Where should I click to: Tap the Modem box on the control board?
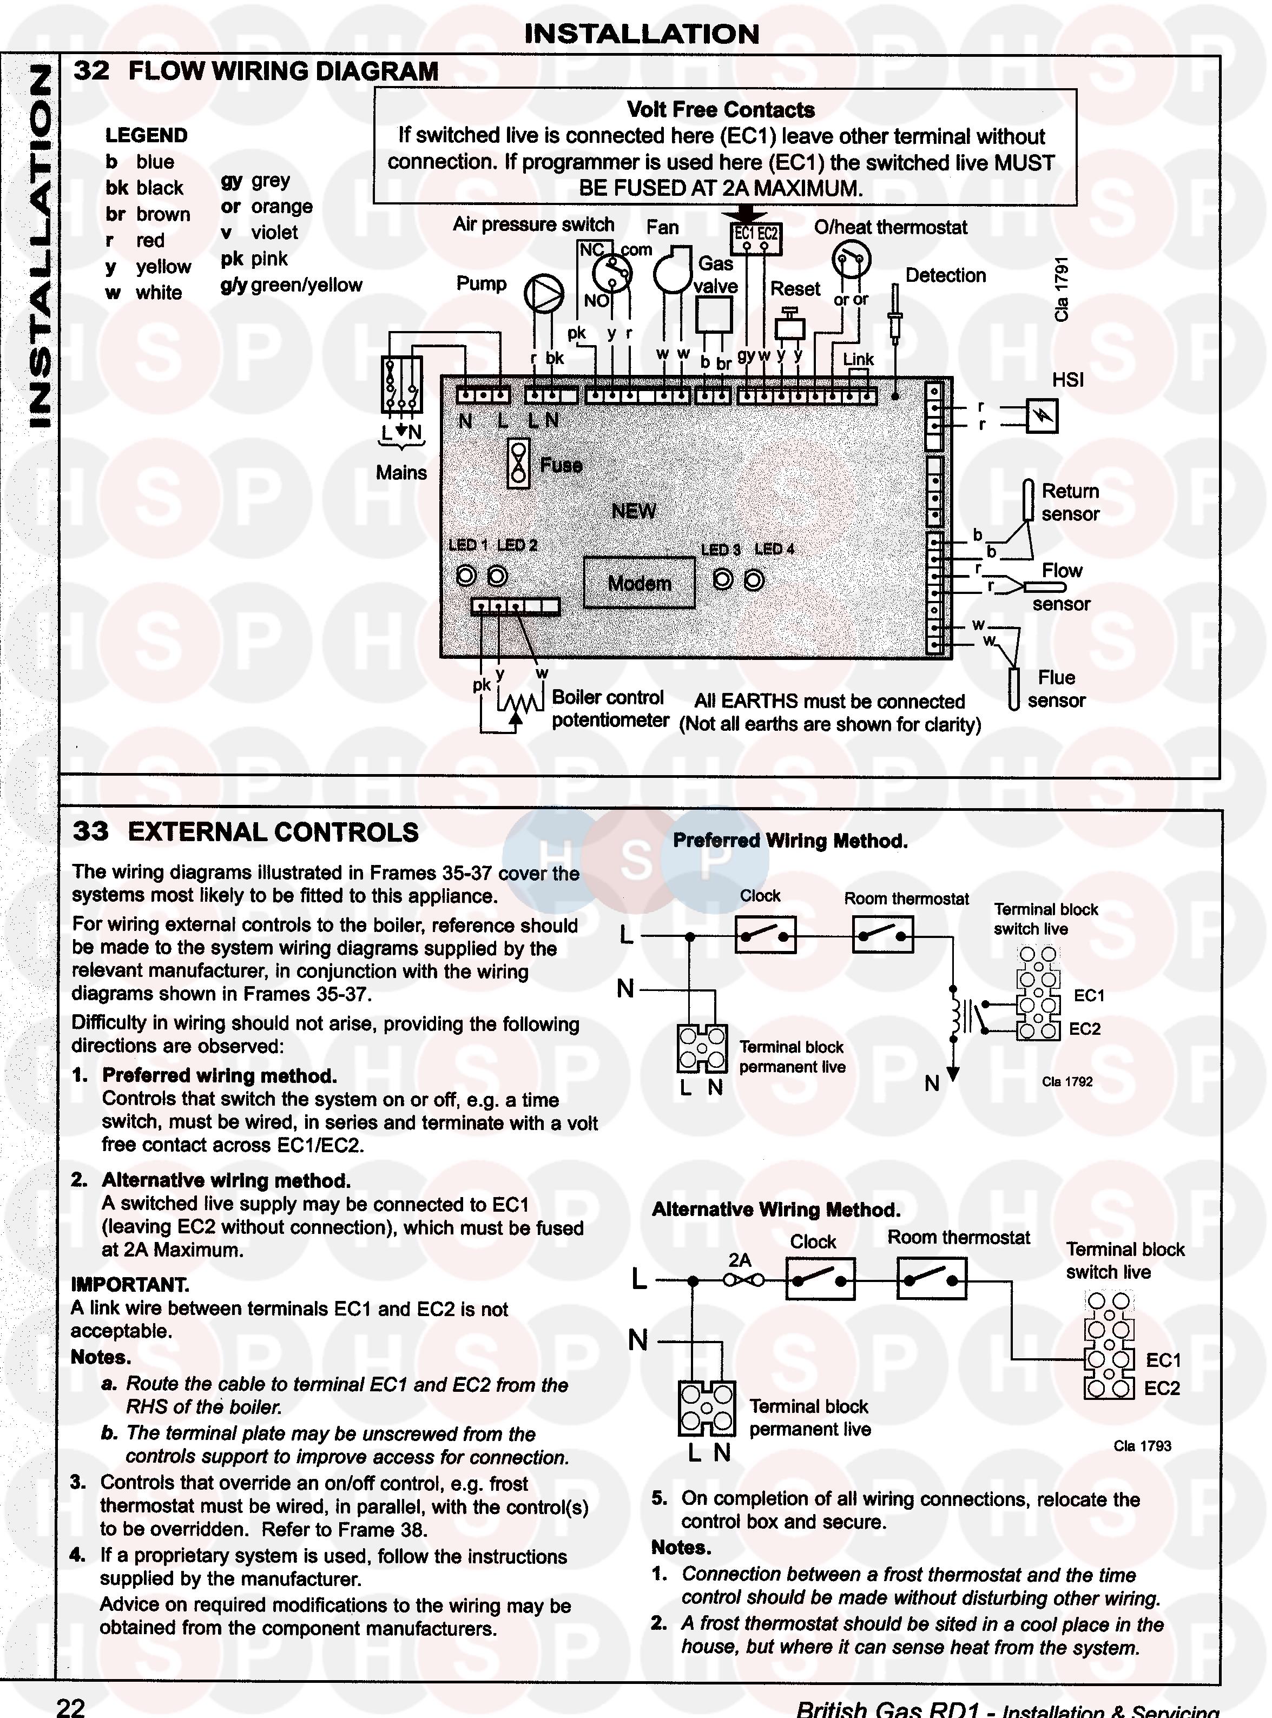[639, 583]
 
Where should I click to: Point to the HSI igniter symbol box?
[1043, 417]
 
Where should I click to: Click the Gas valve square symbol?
[714, 314]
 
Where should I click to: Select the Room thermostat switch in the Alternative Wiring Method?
[932, 1280]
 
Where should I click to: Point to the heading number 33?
[91, 831]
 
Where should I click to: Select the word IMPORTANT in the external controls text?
[129, 1285]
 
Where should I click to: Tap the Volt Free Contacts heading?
[720, 110]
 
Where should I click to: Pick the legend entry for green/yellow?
[291, 285]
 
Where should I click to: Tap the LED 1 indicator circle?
[466, 576]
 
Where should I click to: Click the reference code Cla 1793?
[1142, 1445]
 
